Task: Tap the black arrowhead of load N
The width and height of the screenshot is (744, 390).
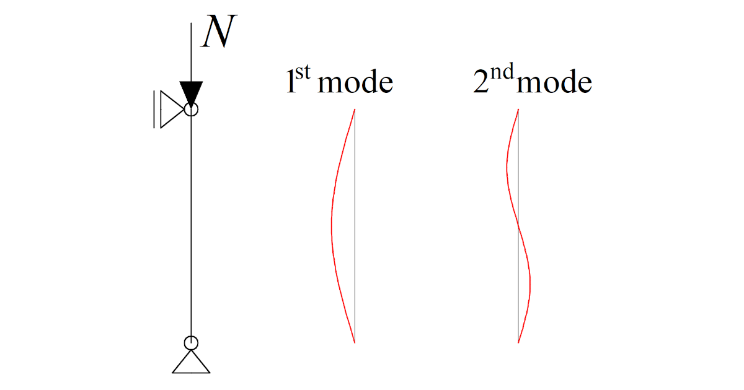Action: click(x=191, y=92)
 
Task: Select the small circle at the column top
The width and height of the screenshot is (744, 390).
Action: click(x=191, y=110)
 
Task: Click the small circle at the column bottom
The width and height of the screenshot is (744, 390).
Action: click(x=191, y=342)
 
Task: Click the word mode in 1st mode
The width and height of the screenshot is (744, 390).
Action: click(x=355, y=83)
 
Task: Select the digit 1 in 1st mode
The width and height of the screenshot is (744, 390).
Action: click(x=291, y=83)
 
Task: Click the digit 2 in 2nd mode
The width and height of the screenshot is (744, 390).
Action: click(x=480, y=83)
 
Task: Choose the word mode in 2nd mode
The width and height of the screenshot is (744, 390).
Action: click(x=554, y=83)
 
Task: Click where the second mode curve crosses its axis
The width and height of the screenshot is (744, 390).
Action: click(x=518, y=226)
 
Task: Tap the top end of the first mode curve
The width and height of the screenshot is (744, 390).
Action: click(x=355, y=110)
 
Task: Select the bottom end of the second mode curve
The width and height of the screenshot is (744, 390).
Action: click(x=518, y=342)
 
